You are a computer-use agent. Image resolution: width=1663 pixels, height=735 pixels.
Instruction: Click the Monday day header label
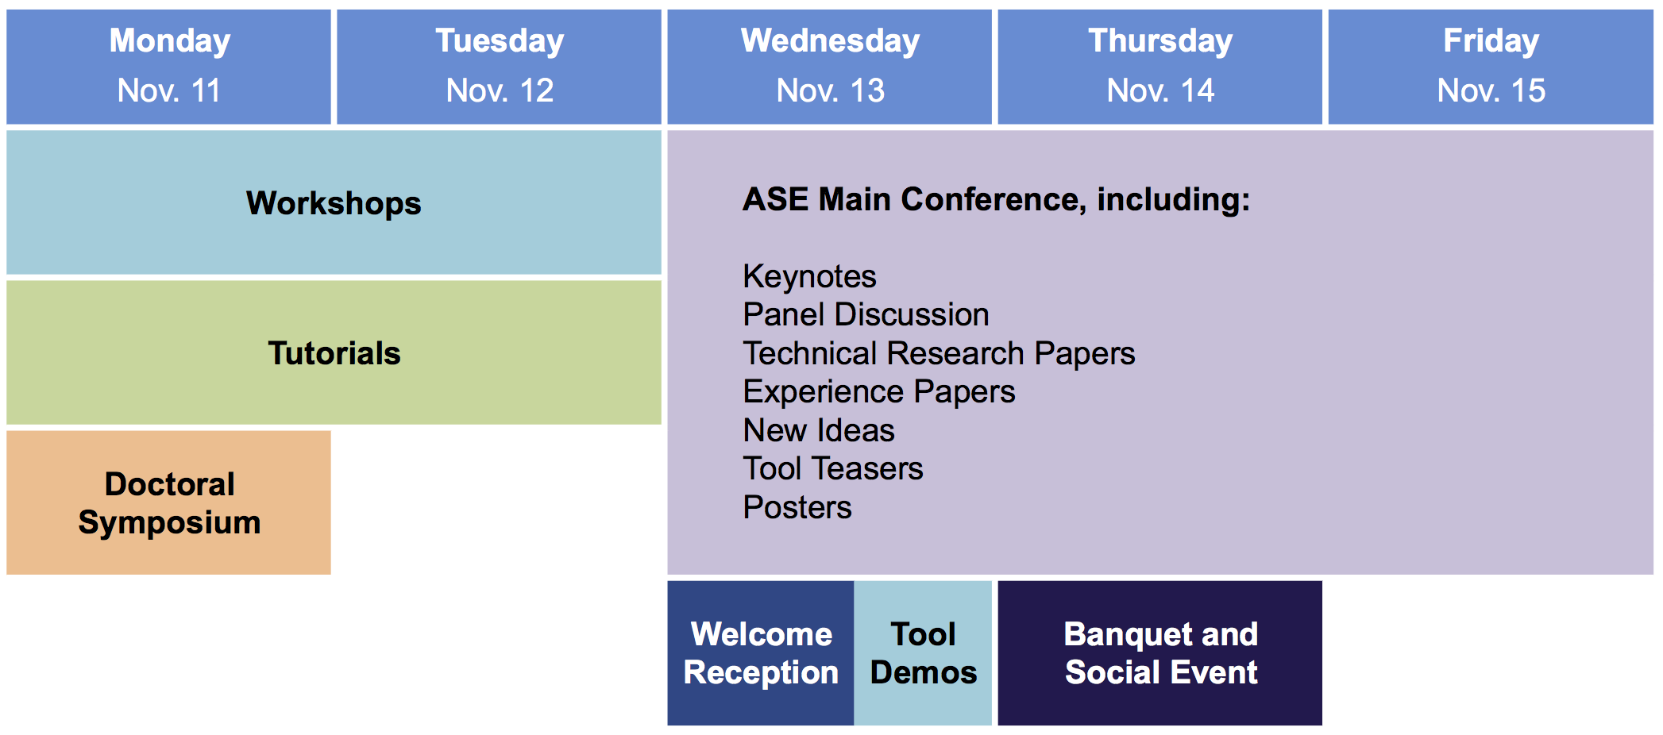click(169, 41)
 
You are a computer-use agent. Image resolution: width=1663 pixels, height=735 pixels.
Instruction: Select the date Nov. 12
click(500, 90)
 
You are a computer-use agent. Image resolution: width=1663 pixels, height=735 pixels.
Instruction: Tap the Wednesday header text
click(830, 41)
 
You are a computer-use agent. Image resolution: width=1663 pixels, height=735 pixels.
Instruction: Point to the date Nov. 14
click(1160, 90)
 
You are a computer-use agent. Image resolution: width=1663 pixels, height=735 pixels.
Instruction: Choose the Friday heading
click(1491, 41)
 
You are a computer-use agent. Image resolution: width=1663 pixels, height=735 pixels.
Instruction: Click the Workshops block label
click(334, 204)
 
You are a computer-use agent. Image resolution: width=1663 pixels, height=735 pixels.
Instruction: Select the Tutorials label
click(334, 353)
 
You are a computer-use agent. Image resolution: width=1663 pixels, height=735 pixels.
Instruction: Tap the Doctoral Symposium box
click(168, 502)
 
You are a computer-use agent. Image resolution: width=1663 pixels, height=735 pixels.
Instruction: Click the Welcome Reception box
click(761, 652)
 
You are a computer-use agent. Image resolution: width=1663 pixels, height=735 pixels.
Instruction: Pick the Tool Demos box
click(923, 652)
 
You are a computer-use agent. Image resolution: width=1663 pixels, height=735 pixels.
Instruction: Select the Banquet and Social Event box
click(1159, 652)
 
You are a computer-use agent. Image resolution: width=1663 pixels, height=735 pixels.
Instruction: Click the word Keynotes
click(809, 277)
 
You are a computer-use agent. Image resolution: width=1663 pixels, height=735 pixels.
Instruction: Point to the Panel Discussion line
click(866, 315)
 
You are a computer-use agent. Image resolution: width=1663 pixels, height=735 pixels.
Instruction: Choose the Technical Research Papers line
click(939, 354)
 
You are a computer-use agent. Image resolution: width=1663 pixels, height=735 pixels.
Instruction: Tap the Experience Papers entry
click(878, 392)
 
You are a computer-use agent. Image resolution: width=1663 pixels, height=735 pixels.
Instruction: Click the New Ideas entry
click(819, 430)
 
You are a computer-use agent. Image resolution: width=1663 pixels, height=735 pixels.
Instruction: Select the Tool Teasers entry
click(833, 469)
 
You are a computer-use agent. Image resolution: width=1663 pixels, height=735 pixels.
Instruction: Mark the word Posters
click(797, 508)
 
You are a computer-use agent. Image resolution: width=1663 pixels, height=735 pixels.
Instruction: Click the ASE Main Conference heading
click(996, 200)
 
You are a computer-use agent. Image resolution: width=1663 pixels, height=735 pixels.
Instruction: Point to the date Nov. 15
click(1491, 90)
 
